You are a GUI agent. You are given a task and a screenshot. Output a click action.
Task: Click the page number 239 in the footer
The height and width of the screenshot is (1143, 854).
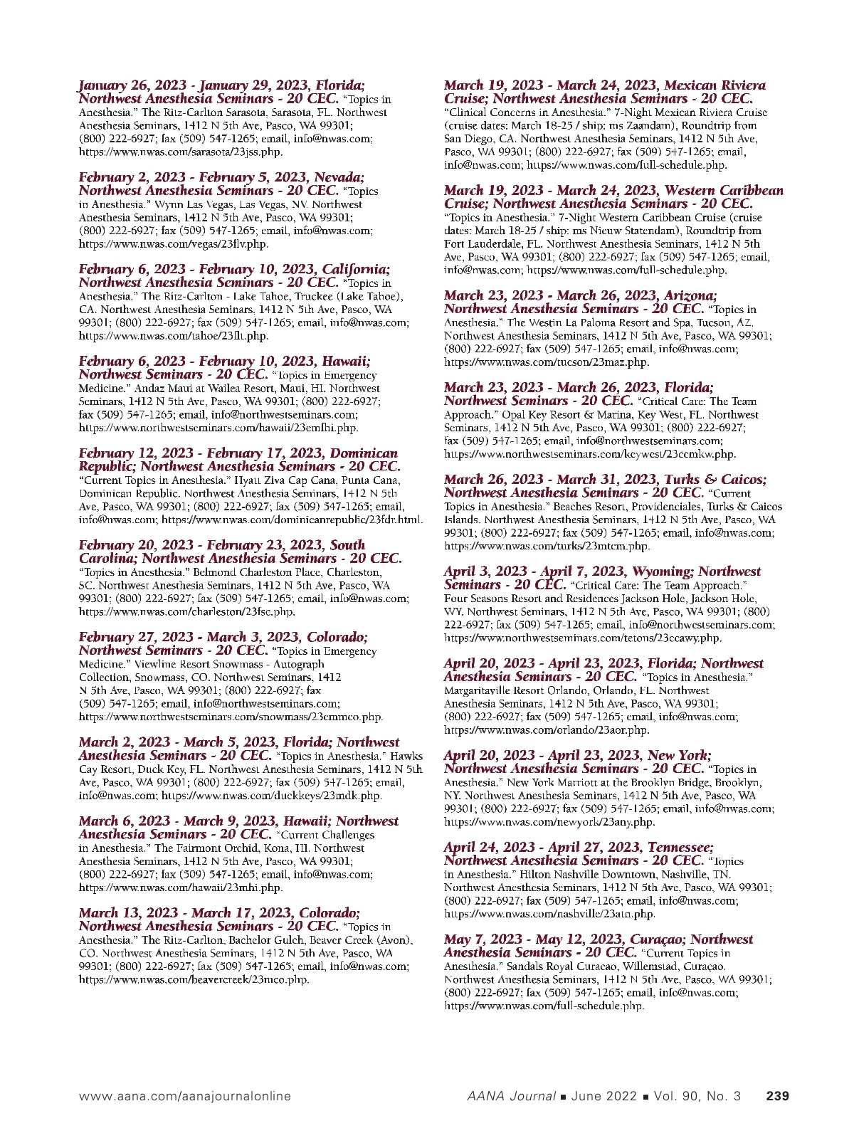(x=777, y=1096)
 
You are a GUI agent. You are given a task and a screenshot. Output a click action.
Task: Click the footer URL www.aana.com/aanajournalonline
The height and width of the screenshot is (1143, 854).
(x=185, y=1096)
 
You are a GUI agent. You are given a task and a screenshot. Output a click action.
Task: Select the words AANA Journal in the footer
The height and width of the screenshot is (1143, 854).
(x=511, y=1096)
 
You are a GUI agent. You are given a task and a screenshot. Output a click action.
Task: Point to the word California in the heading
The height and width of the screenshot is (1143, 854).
(x=356, y=269)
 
